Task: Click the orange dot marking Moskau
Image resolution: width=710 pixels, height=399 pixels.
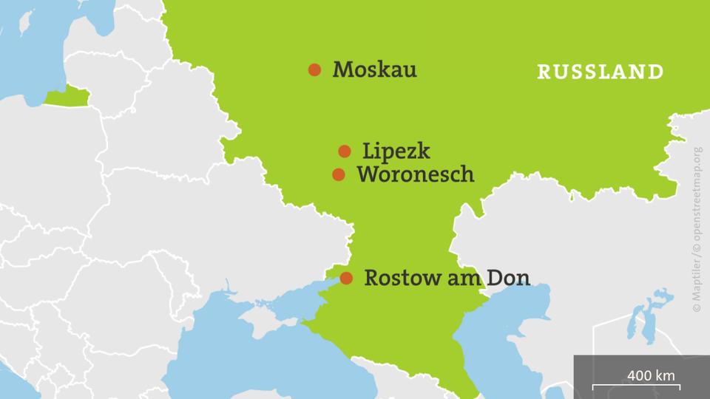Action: tap(314, 70)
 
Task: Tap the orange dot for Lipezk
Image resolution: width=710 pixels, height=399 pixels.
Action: tap(345, 151)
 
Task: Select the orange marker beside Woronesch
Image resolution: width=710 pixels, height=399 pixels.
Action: tap(339, 175)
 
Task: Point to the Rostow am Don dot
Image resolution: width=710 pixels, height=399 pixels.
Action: tap(346, 279)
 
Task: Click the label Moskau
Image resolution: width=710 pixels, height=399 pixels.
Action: tap(374, 70)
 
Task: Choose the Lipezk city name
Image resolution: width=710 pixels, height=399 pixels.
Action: tap(396, 152)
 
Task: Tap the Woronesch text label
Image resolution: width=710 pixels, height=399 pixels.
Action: tap(415, 175)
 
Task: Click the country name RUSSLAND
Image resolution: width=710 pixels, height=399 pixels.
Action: tap(600, 72)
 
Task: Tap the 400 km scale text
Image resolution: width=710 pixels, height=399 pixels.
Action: tap(651, 375)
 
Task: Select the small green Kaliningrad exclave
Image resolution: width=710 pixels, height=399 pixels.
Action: tap(68, 97)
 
